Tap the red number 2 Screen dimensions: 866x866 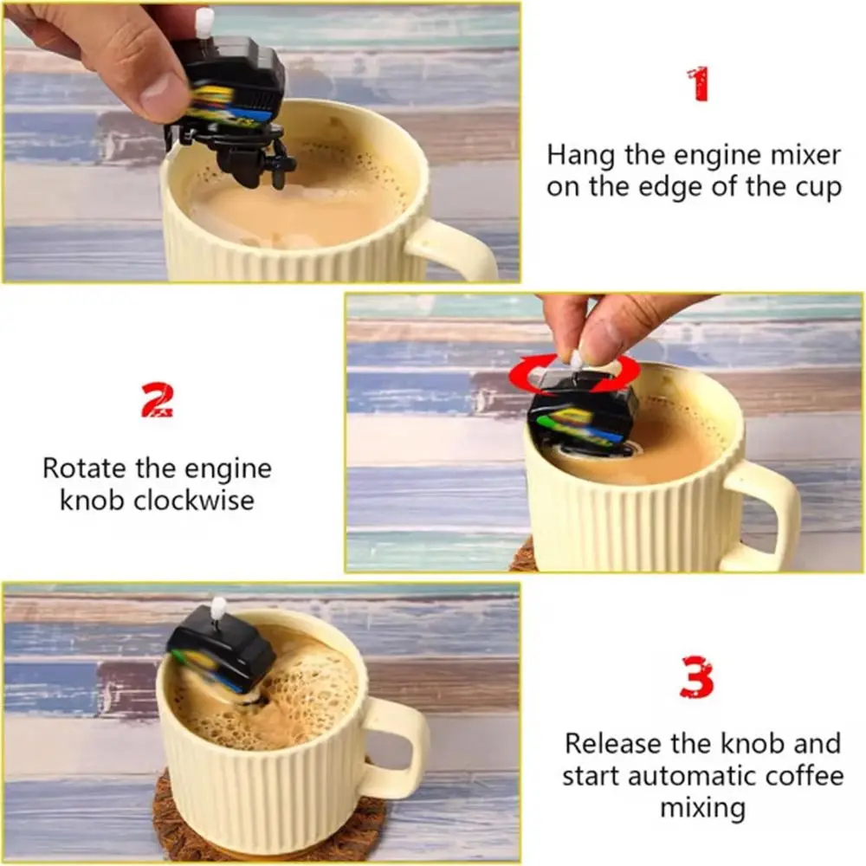point(157,400)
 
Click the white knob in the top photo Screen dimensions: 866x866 point(204,23)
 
